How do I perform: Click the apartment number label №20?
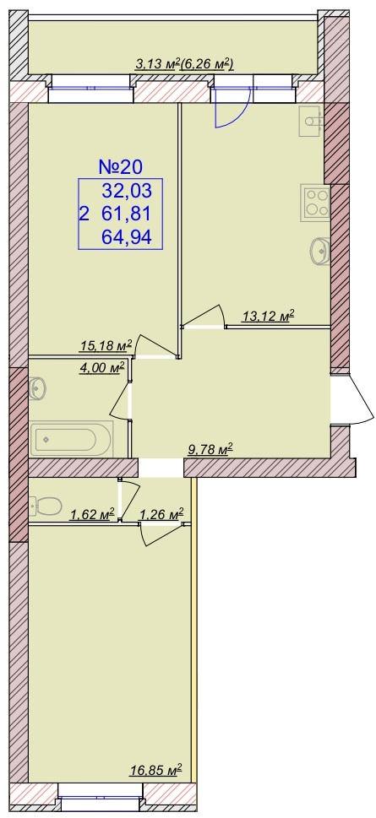point(121,167)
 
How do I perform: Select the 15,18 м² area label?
point(106,344)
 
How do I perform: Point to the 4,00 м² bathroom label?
point(102,367)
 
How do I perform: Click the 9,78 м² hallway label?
point(210,449)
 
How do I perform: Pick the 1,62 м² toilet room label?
point(92,515)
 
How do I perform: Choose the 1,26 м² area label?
point(161,515)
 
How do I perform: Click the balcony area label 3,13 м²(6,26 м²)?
point(184,64)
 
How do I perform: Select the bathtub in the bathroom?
point(72,439)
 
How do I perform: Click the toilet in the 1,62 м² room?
point(46,505)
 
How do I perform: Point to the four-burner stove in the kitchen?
point(315,203)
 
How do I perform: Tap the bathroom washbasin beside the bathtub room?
point(37,388)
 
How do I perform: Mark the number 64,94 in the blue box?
point(127,238)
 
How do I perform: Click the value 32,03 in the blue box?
point(127,191)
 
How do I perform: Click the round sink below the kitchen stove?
point(319,251)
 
